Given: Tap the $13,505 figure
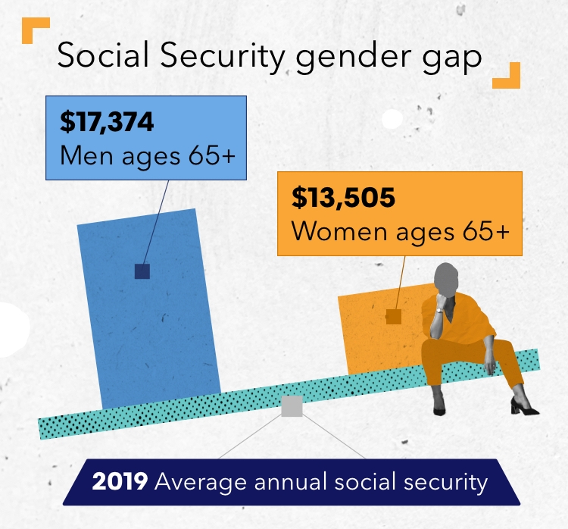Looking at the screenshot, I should pos(343,199).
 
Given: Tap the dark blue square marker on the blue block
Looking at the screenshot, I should pos(142,271).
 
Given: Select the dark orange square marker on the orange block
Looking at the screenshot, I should pos(393,317).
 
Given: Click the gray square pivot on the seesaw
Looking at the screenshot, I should pos(292,406).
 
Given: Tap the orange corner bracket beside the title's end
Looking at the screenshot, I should pos(507,76).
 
